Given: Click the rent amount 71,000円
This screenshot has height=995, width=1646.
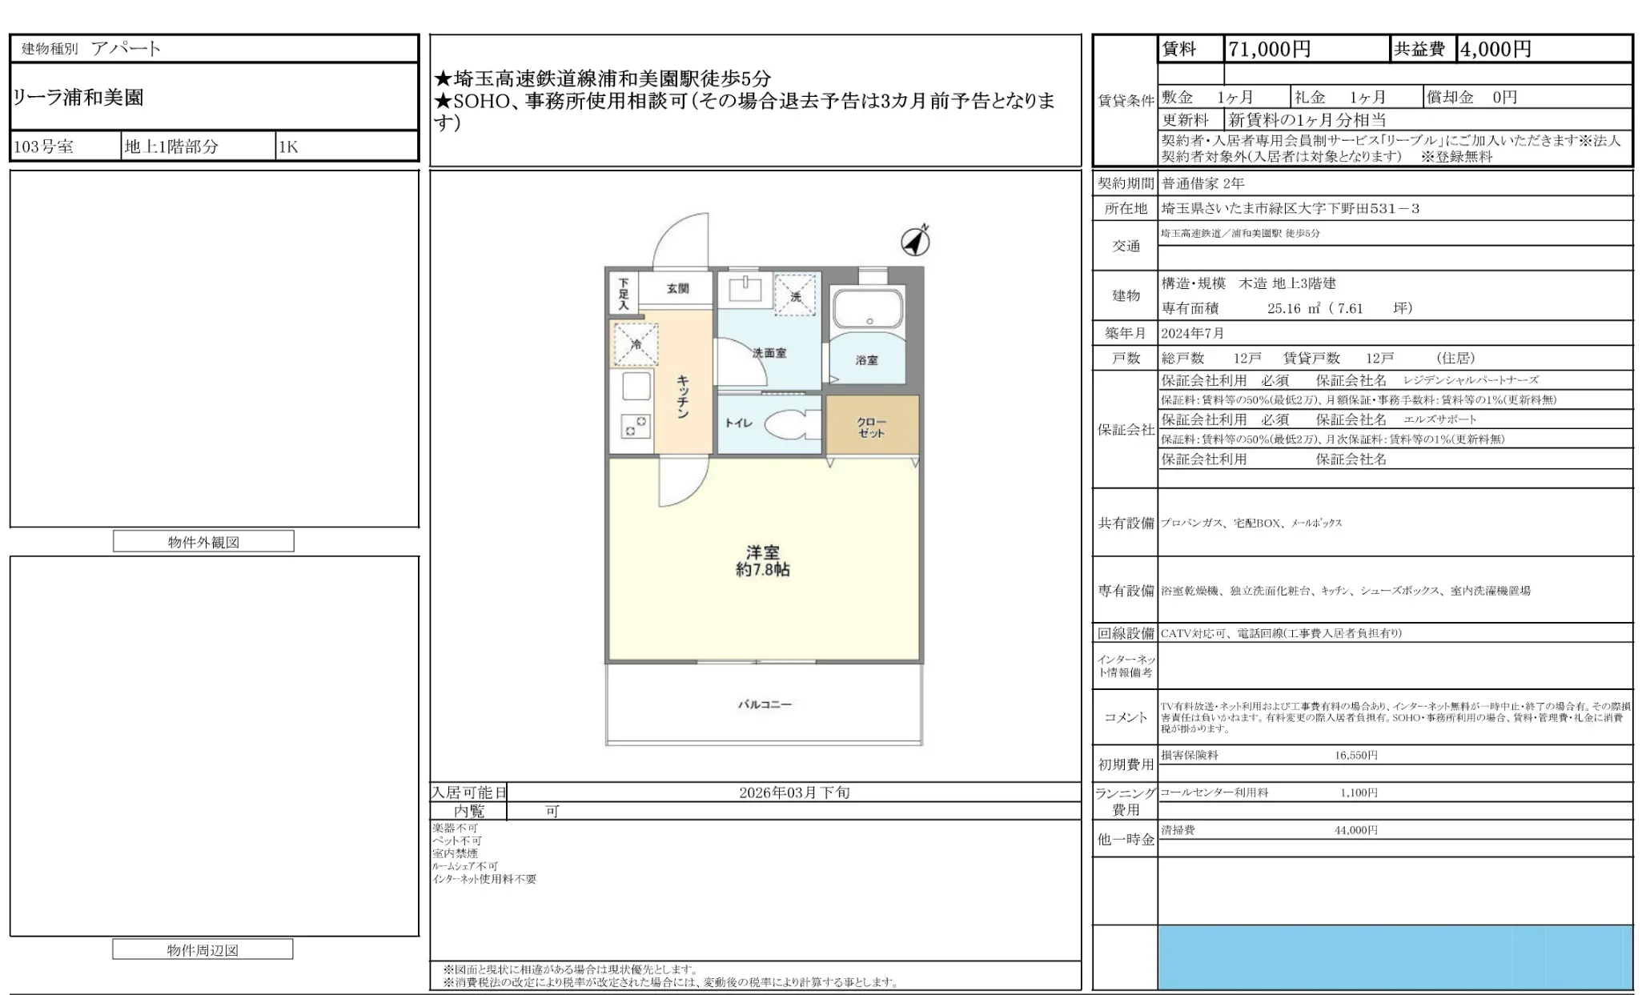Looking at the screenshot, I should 1269,50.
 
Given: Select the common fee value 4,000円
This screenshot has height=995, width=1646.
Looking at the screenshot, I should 1495,50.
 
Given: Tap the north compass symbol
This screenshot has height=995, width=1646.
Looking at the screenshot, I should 915,241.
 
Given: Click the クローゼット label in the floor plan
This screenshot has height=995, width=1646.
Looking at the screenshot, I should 871,427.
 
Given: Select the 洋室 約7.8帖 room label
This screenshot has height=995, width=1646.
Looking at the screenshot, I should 762,561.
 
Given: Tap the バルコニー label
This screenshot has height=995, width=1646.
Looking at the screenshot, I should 765,704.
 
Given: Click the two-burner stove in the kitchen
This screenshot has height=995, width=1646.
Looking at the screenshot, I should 636,425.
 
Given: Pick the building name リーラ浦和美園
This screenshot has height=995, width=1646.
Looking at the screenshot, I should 78,98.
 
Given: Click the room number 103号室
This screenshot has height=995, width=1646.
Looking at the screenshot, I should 44,146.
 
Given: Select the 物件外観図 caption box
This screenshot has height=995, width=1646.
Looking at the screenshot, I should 203,542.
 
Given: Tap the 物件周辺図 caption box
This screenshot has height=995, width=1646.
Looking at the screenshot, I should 203,950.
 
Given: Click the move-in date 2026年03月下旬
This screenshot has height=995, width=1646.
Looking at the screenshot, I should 793,792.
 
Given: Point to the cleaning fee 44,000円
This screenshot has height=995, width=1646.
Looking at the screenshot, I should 1355,830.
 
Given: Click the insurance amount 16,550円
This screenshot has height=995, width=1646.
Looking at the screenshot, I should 1355,755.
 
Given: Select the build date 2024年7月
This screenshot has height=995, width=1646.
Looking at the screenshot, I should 1193,333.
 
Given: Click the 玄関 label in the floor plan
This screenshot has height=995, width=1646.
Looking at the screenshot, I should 677,288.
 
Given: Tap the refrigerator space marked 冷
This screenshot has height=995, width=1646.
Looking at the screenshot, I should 636,345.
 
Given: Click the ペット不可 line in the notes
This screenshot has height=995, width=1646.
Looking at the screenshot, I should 457,841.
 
